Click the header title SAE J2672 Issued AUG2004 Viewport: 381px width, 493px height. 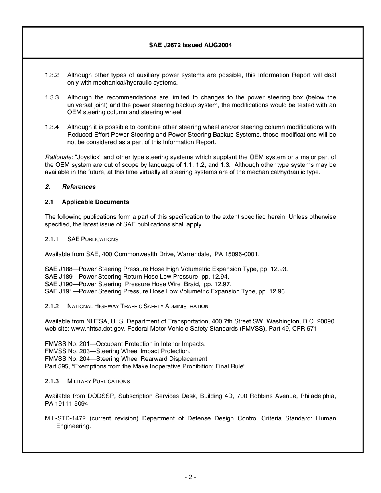point(190,45)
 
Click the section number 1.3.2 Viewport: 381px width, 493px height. point(52,75)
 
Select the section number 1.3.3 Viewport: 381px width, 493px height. point(52,97)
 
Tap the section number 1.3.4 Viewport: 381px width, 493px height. point(52,127)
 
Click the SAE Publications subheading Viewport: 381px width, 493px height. point(93,239)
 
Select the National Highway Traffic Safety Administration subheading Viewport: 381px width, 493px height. point(138,307)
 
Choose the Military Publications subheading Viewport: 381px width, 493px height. point(98,381)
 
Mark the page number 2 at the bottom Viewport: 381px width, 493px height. point(190,477)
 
